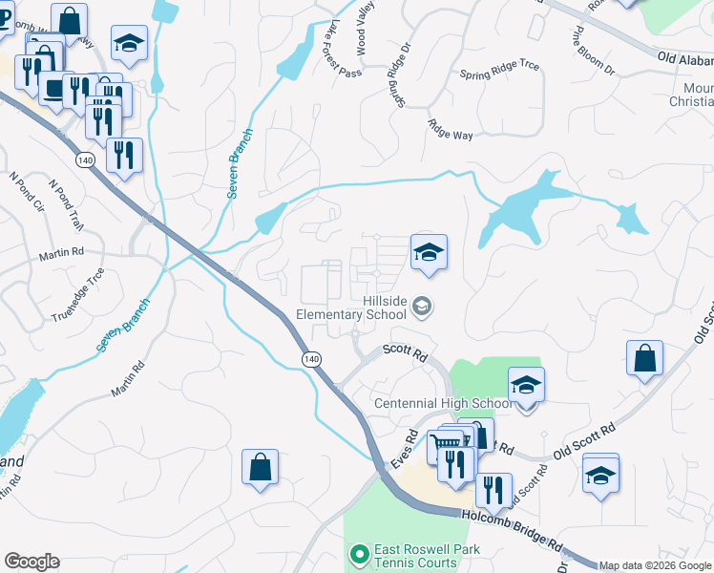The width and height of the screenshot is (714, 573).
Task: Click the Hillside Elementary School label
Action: coord(352,307)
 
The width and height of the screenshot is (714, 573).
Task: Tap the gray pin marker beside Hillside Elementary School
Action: coord(423,307)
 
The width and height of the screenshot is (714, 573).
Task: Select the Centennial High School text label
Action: coord(438,403)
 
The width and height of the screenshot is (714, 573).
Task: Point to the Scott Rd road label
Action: coord(405,351)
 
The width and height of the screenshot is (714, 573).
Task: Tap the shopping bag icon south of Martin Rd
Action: coord(260,468)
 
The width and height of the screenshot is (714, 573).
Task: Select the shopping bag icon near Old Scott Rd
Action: coord(645,359)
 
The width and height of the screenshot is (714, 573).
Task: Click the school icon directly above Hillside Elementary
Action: coord(429,253)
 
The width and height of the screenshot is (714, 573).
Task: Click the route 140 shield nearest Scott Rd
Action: coord(311,358)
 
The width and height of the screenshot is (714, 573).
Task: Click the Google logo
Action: coord(31,562)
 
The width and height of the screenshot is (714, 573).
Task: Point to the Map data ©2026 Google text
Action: coord(655,565)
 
